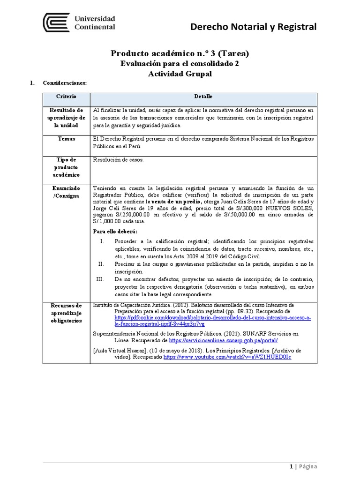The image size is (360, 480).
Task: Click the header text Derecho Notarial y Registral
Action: [x=253, y=27]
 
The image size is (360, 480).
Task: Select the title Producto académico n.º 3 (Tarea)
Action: [x=180, y=53]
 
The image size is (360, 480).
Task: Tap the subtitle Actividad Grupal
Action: [x=180, y=74]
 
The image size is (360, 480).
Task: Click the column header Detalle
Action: [x=203, y=96]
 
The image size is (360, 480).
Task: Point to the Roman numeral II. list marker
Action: [x=101, y=264]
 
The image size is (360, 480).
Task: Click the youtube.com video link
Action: [x=227, y=357]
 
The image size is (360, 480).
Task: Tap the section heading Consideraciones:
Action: [x=65, y=83]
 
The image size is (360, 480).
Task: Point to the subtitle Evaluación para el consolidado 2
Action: [x=180, y=64]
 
